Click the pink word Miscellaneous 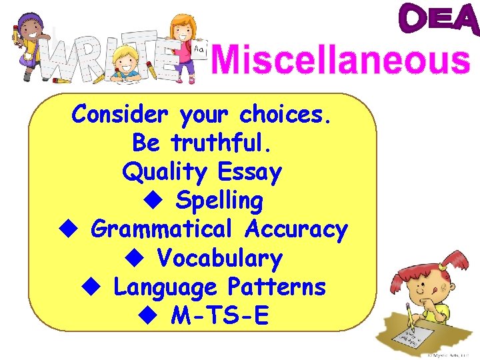pos(341,61)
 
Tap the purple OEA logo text pos(439,20)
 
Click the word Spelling pos(219,201)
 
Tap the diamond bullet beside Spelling pos(153,200)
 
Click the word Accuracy pos(296,229)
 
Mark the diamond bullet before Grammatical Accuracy pos(65,229)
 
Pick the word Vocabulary pos(219,258)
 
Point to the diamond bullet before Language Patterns pos(90,287)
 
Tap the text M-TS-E pos(220,316)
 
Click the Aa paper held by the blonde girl pos(199,48)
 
